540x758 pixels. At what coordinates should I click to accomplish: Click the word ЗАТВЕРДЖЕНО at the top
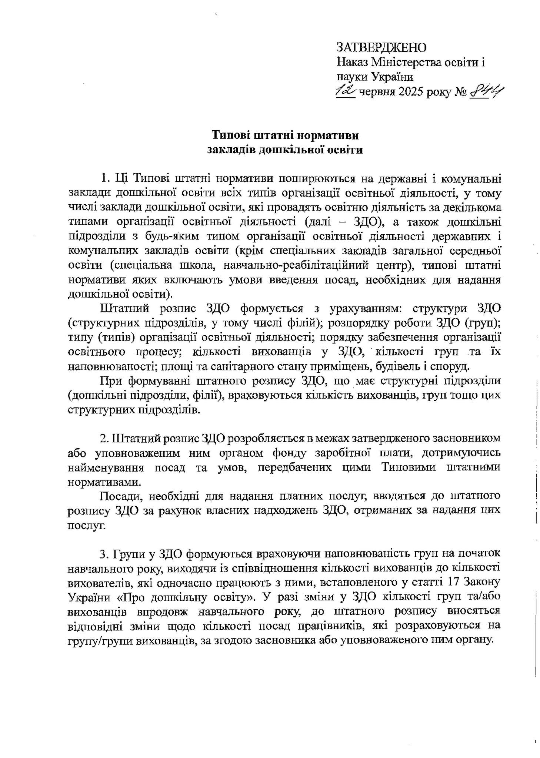click(x=381, y=47)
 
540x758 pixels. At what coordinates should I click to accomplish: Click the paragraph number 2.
click(x=103, y=439)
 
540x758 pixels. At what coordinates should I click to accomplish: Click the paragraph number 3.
click(x=103, y=554)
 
